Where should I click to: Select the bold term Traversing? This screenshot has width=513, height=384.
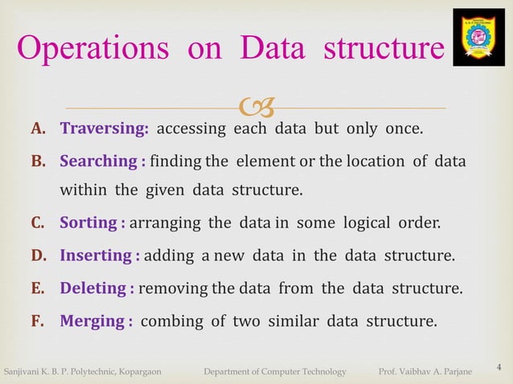tap(105, 129)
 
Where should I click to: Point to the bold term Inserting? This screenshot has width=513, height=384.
tap(96, 255)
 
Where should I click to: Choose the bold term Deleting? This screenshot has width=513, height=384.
tap(92, 288)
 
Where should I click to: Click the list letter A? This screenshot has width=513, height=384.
tap(38, 129)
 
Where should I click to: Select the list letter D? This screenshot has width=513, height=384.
tap(38, 255)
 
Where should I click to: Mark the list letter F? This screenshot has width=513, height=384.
tap(38, 321)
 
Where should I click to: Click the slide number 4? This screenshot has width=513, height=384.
tap(499, 367)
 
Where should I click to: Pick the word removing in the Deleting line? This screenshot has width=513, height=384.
tap(172, 288)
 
